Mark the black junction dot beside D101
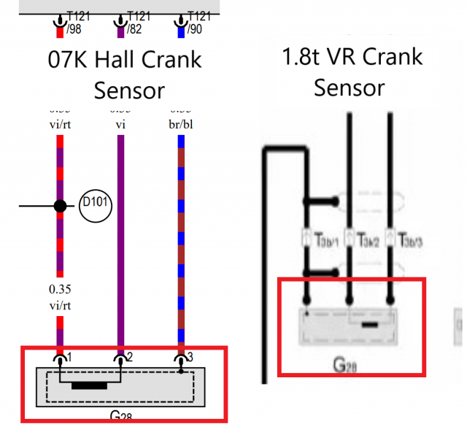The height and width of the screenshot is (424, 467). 61,206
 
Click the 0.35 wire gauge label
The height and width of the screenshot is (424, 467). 61,290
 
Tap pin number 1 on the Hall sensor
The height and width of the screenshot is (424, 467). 69,358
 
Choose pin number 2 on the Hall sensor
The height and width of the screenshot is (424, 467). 129,358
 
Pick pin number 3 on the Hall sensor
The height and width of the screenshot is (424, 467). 190,358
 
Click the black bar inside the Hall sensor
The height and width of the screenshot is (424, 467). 95,385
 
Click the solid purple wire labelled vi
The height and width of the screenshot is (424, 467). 120,241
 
